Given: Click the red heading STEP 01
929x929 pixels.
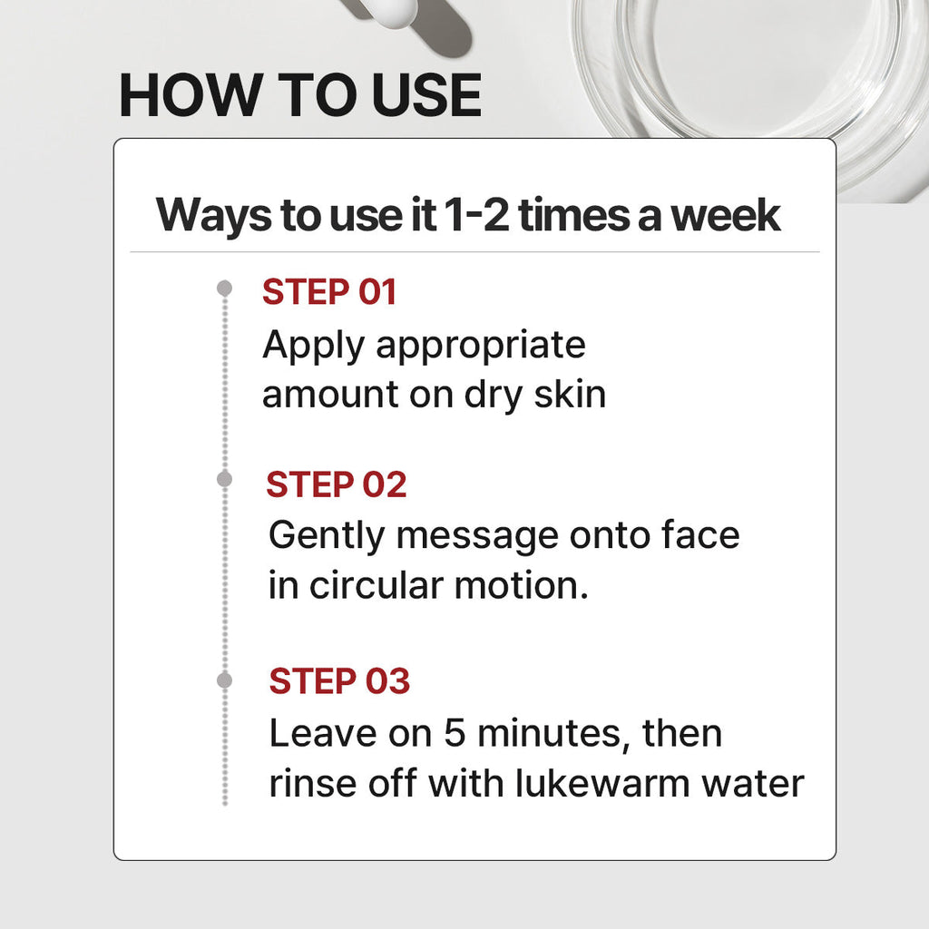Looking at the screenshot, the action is (x=329, y=292).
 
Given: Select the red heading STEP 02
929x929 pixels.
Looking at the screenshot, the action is (x=337, y=484).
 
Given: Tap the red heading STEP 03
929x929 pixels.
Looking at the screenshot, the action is (x=339, y=680).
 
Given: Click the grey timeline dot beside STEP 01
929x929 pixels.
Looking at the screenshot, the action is (x=225, y=288).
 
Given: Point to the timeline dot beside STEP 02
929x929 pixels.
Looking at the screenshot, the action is (x=225, y=479).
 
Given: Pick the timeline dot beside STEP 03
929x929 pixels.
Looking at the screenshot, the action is (x=225, y=680).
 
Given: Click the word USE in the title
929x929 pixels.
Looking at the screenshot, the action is (x=426, y=94).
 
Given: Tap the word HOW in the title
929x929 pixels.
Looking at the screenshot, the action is (x=191, y=94).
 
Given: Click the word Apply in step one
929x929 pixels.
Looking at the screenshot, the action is (x=313, y=346).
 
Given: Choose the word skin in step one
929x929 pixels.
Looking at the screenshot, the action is (x=570, y=394).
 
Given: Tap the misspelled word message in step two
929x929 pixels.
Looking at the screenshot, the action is (x=477, y=537).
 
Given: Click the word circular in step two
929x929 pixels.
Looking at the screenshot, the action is (x=376, y=585).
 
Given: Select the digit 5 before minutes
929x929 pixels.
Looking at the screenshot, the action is (x=455, y=733).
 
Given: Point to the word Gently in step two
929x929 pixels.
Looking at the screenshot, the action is (x=327, y=537).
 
